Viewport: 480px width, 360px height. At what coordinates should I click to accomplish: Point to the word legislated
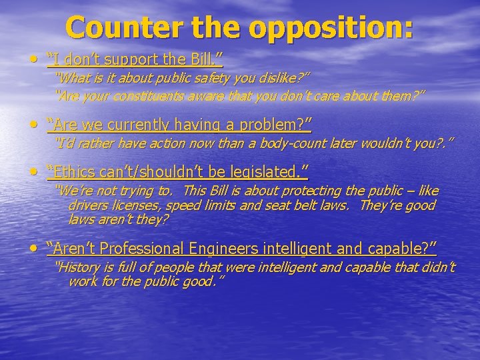265,173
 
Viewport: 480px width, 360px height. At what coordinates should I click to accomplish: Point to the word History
79,268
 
